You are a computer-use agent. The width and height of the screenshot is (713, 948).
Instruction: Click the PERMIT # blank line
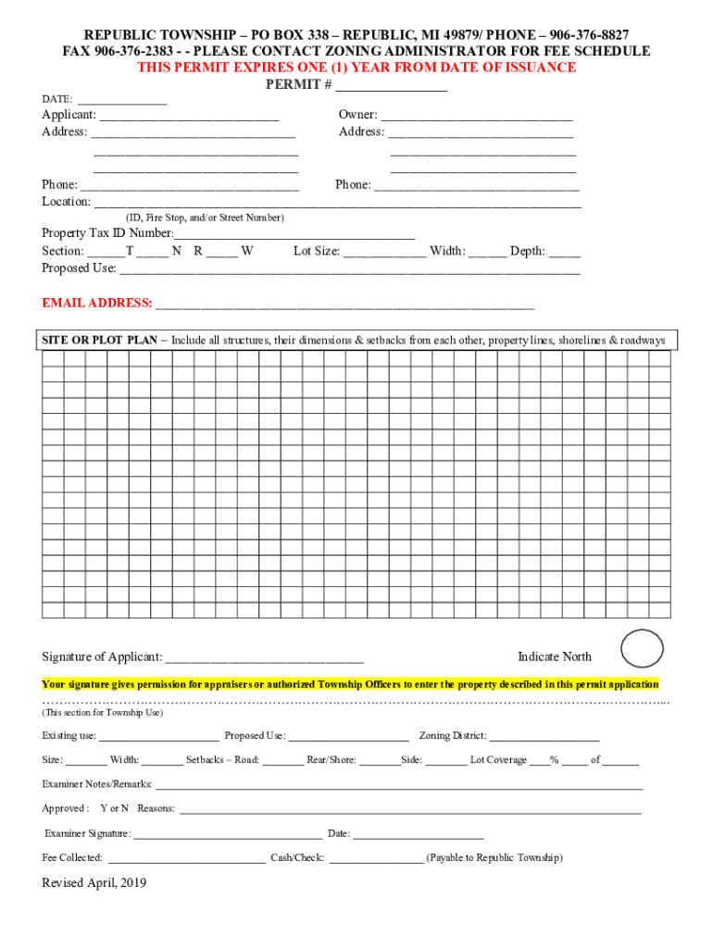(391, 86)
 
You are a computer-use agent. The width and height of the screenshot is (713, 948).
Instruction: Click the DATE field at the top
(122, 100)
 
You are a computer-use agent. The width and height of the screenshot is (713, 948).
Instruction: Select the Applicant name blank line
(189, 117)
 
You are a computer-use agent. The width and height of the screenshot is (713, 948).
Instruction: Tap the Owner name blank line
(476, 117)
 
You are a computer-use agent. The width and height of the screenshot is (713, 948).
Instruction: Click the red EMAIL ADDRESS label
(97, 304)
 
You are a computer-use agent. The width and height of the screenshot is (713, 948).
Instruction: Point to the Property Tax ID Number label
(107, 233)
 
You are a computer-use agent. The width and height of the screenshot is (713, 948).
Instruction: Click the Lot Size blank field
(384, 252)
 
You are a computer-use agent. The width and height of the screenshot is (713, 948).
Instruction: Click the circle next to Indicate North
(642, 649)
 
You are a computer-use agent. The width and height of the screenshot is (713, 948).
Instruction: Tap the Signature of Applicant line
(263, 659)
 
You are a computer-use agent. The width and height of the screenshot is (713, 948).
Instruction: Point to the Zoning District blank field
(544, 737)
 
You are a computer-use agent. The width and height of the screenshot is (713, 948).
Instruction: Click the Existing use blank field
(158, 737)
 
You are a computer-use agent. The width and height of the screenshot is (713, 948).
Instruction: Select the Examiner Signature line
(228, 835)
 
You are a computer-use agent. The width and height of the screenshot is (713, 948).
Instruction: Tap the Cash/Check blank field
(375, 859)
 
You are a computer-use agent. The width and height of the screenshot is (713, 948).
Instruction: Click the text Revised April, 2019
(94, 883)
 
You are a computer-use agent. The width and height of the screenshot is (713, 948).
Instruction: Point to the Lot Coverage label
(498, 760)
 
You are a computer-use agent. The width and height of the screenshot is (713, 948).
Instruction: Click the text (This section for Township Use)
(102, 714)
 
